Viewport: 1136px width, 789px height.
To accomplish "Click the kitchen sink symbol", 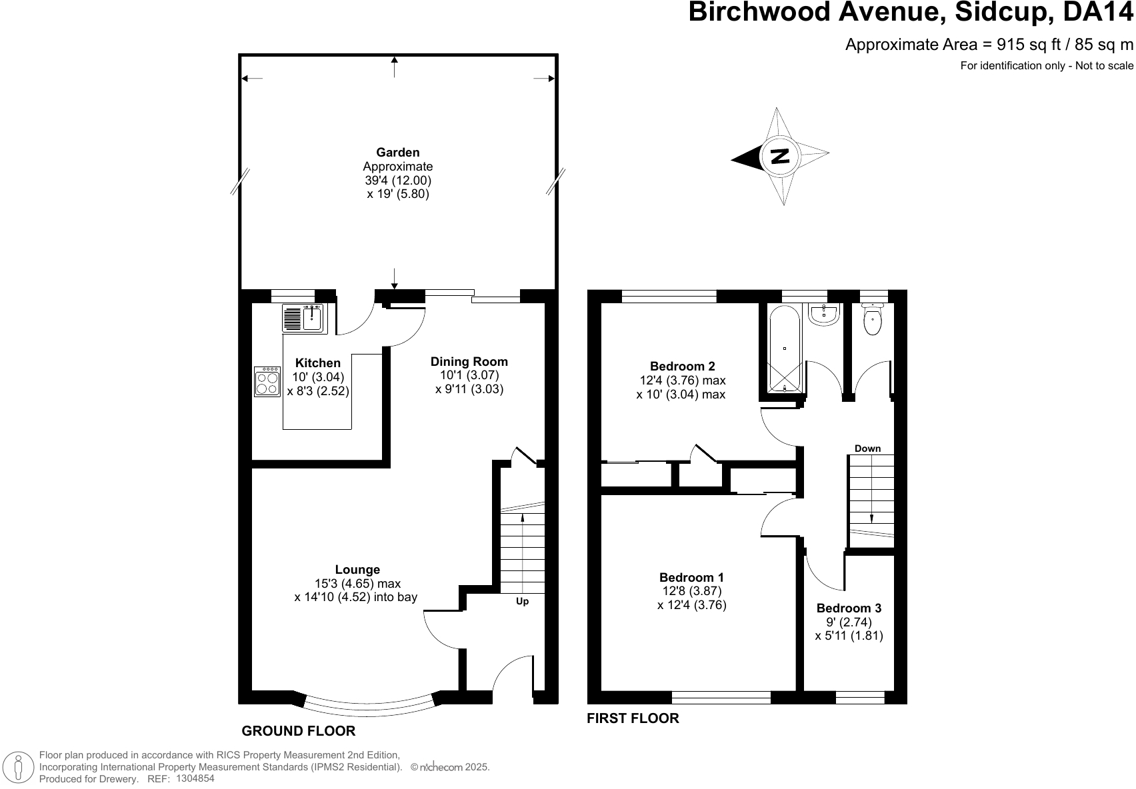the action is click(304, 319).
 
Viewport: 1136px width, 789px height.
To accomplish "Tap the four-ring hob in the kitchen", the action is click(267, 381).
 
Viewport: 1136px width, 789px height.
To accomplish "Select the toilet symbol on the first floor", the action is click(872, 319).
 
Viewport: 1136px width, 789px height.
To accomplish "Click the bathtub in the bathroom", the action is click(785, 349).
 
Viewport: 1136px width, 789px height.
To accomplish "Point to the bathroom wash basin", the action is click(824, 314).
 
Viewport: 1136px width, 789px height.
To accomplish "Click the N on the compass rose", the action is click(779, 156).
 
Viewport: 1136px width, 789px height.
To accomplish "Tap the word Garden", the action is click(397, 152).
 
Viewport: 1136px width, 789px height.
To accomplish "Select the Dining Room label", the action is click(469, 362).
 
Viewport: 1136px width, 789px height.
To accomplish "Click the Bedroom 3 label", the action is click(849, 608).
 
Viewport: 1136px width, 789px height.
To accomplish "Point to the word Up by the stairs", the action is click(523, 601).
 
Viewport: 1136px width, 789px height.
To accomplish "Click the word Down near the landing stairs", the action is click(868, 448).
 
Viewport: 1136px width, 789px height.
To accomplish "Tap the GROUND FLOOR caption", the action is click(298, 730).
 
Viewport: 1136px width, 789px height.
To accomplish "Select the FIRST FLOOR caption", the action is click(633, 718).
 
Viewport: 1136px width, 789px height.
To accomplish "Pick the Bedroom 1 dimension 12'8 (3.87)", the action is click(692, 590).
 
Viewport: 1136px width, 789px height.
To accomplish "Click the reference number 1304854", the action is click(195, 778).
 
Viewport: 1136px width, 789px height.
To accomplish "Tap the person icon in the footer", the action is click(18, 767).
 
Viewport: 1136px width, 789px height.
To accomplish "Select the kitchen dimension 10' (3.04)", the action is click(318, 377).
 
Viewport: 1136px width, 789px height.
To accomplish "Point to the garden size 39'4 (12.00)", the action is click(398, 180).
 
